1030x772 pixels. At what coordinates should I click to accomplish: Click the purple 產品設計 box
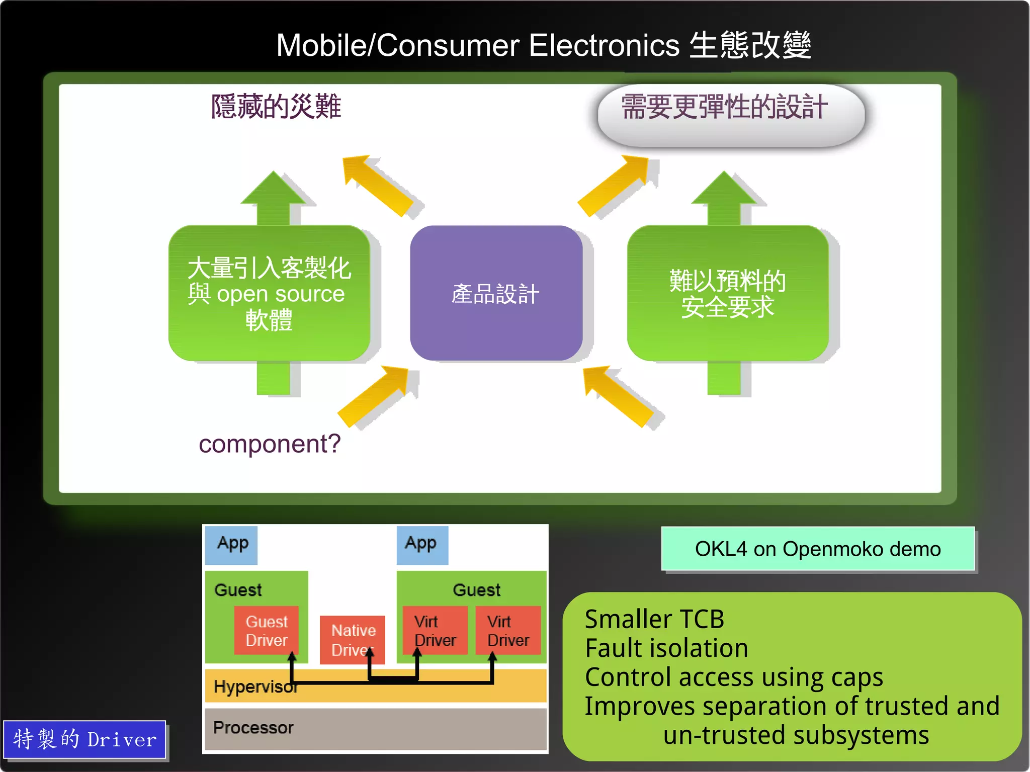click(496, 293)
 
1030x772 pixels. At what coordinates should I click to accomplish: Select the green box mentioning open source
click(269, 293)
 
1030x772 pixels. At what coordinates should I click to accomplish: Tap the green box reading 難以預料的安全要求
click(727, 293)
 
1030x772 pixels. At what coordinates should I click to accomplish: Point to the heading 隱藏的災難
click(276, 107)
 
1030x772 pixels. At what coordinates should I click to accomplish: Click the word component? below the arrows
click(270, 444)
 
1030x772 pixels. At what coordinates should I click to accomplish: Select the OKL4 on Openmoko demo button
click(818, 549)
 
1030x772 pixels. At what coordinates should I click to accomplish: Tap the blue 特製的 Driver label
click(84, 739)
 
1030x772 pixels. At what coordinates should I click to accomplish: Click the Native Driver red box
click(352, 639)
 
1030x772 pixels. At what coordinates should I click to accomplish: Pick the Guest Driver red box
click(267, 630)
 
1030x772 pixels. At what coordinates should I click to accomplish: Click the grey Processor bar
click(375, 728)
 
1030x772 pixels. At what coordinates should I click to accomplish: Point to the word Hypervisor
click(254, 686)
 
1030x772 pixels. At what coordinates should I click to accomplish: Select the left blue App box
click(232, 545)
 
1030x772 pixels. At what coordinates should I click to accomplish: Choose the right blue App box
click(421, 545)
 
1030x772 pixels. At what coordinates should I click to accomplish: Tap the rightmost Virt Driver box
click(508, 630)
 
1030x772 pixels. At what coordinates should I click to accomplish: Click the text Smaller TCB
click(654, 619)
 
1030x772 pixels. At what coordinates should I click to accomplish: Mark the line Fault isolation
click(666, 648)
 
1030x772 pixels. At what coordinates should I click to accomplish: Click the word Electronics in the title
click(604, 45)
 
